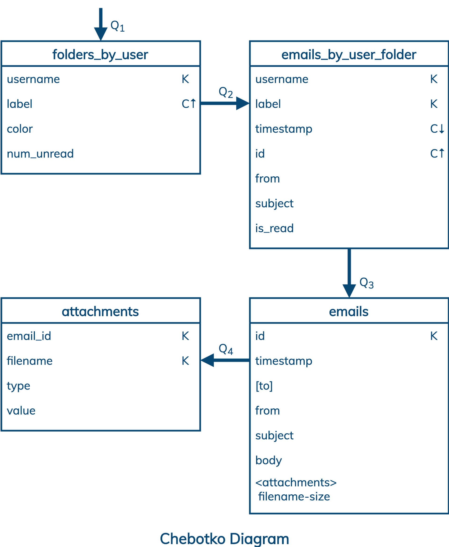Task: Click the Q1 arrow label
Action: (x=117, y=26)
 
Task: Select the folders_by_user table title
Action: (x=100, y=55)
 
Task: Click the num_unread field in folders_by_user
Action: (x=40, y=154)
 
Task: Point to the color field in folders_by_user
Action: (x=20, y=129)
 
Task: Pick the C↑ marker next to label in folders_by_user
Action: (x=188, y=104)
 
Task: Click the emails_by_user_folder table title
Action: (x=348, y=55)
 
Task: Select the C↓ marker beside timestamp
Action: (x=437, y=129)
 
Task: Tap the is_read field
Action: (x=274, y=228)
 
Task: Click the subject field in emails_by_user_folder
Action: (x=274, y=204)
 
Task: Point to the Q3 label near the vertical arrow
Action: (x=366, y=283)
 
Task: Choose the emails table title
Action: (x=348, y=312)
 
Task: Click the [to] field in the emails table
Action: (x=264, y=386)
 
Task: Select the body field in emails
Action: (x=268, y=460)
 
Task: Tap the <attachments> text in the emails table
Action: (x=296, y=483)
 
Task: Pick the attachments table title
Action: (x=100, y=312)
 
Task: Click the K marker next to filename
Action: (x=185, y=361)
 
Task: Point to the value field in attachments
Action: (x=21, y=411)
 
